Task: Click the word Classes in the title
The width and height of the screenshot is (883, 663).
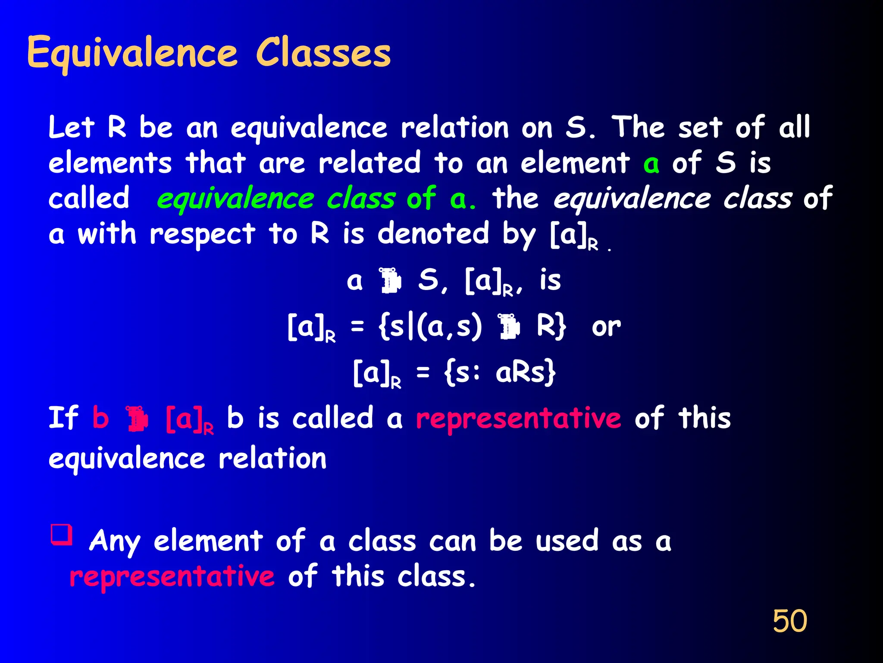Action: click(323, 53)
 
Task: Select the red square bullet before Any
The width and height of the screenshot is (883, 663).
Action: click(61, 534)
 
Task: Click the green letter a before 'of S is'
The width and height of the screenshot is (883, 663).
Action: click(651, 164)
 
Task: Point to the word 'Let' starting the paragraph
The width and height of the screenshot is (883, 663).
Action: click(71, 128)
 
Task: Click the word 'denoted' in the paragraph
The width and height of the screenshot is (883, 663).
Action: click(433, 234)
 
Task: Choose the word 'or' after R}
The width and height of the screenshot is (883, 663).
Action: click(606, 327)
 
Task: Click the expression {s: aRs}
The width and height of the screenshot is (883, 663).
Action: click(500, 373)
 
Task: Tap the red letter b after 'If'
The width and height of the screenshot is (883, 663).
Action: click(100, 418)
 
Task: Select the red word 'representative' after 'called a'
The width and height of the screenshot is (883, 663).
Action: click(518, 419)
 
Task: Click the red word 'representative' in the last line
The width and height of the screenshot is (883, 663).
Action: click(172, 577)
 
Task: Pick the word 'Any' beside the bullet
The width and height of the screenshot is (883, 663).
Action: click(114, 541)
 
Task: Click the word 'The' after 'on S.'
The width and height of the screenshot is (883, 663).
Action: click(638, 128)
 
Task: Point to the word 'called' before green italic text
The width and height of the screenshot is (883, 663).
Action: click(89, 199)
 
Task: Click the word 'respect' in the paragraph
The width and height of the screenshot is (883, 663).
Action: click(202, 235)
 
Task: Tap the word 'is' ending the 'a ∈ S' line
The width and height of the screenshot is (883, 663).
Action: click(550, 281)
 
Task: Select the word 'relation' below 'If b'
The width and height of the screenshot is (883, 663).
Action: click(272, 458)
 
